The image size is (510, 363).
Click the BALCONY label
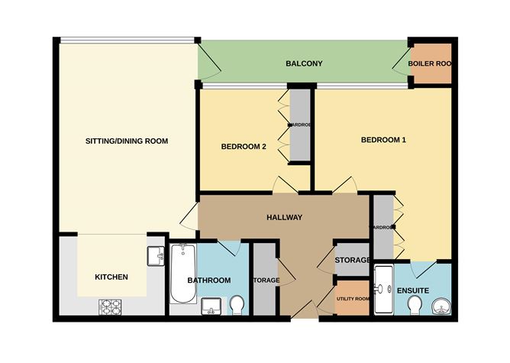[301, 63]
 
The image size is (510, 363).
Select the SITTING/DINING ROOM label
[126, 141]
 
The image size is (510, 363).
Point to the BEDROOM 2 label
[244, 147]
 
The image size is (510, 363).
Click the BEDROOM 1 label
[383, 140]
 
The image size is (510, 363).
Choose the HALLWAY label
[285, 218]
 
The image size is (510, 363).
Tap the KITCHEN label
[111, 277]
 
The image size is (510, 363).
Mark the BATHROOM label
[209, 280]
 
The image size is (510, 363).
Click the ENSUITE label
[412, 291]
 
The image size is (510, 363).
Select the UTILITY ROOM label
[353, 298]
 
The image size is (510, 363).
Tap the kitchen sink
[156, 254]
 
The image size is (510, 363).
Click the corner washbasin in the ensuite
[441, 306]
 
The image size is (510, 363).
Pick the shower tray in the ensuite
[382, 290]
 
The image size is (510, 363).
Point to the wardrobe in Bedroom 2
[299, 125]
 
